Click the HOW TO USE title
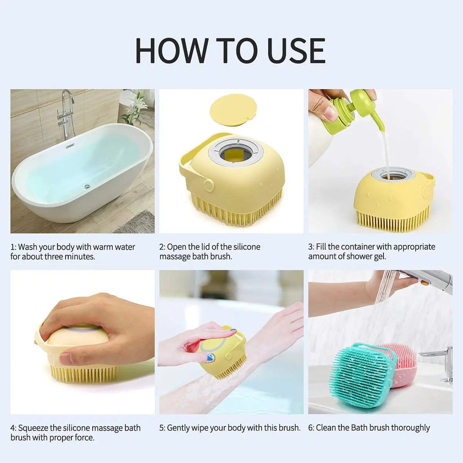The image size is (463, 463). point(231,51)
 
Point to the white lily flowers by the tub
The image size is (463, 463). point(135,107)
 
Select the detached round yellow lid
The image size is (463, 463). point(233,110)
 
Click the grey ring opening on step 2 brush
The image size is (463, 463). point(236,152)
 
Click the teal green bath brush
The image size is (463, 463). point(359,375)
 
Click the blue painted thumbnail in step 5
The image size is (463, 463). point(211,357)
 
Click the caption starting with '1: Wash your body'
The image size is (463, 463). point(73,252)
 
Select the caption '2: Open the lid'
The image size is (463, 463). point(210,252)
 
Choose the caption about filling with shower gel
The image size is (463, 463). point(372,252)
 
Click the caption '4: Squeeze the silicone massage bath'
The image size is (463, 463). point(76,433)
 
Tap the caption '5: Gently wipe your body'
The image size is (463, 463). point(230,428)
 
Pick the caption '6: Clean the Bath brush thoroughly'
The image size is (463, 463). point(369,428)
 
